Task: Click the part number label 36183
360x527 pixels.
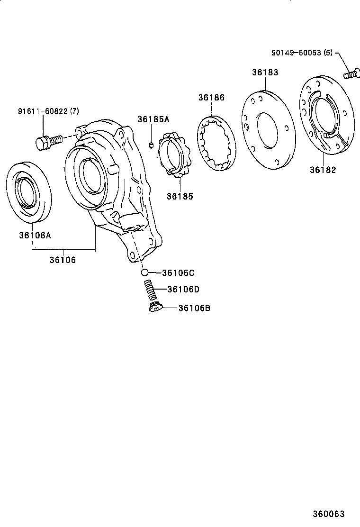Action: pyautogui.click(x=265, y=73)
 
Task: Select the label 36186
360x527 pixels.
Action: pyautogui.click(x=211, y=98)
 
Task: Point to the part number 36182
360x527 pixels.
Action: pyautogui.click(x=323, y=170)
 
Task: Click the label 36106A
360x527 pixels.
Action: pyautogui.click(x=35, y=235)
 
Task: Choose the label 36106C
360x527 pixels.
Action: pyautogui.click(x=178, y=273)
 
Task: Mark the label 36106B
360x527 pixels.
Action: pyautogui.click(x=194, y=308)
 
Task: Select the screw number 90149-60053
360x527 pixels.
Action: pyautogui.click(x=296, y=53)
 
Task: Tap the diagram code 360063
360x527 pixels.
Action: pyautogui.click(x=328, y=514)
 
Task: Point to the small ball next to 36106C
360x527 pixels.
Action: pyautogui.click(x=144, y=273)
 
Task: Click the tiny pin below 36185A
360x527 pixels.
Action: pyautogui.click(x=151, y=145)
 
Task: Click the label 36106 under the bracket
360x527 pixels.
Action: pyautogui.click(x=63, y=260)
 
